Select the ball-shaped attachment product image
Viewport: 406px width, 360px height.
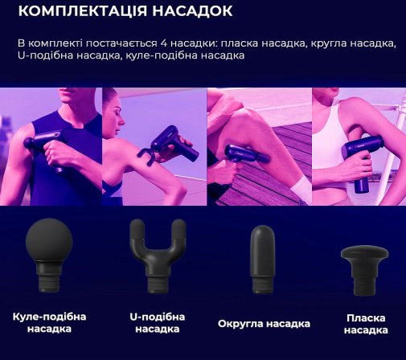point(49,256)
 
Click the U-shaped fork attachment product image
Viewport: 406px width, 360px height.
point(158,256)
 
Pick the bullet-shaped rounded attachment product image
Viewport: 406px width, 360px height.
point(262,259)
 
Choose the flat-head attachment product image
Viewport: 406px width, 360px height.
point(364,271)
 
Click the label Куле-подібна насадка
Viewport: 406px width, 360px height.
point(49,322)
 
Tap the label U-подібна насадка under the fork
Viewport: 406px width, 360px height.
point(158,323)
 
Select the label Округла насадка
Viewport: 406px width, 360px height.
point(264,324)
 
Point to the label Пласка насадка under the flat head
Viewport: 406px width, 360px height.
point(366,324)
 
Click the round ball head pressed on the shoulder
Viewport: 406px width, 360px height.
point(29,142)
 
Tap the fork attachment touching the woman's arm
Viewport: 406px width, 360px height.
point(146,155)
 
